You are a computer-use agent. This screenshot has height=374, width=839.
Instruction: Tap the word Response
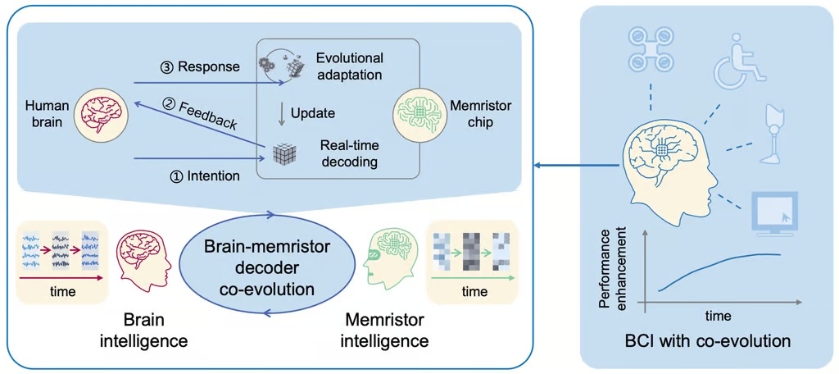pos(209,66)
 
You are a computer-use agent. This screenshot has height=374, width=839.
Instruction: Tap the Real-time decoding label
pos(349,153)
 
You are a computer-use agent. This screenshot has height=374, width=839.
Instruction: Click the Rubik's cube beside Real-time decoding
pos(283,153)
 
